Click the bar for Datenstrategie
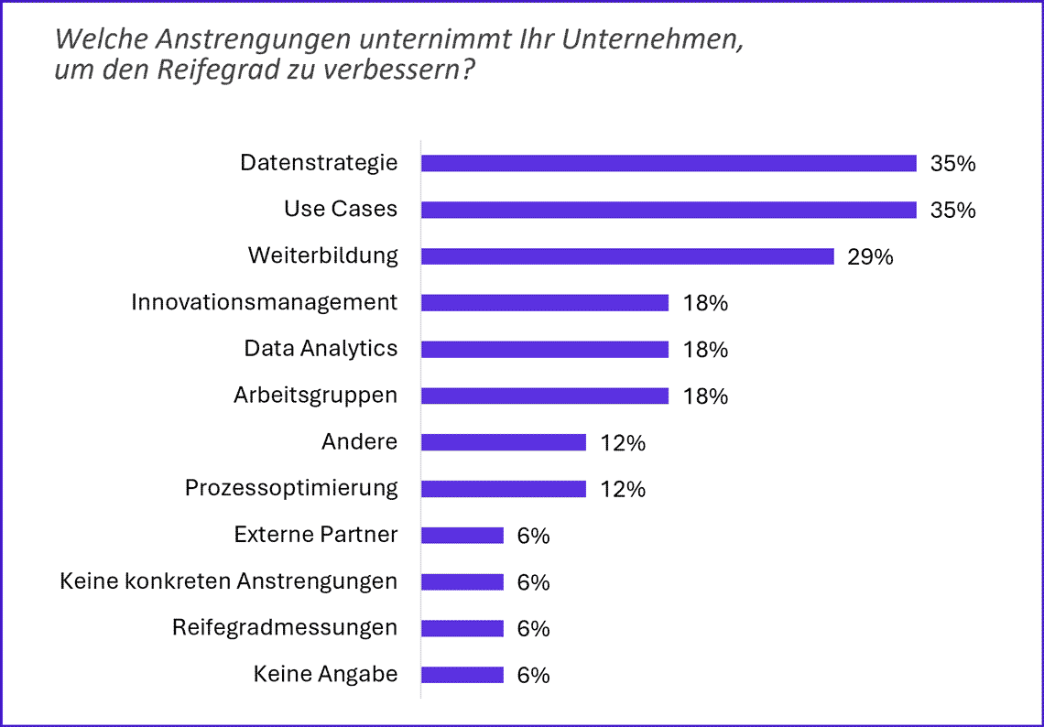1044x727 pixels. pos(669,163)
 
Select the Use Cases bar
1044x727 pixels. pos(669,210)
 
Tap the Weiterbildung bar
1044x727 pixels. pos(627,256)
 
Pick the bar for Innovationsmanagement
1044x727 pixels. pos(545,303)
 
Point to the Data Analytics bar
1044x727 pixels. pos(545,349)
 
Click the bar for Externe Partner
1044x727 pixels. pos(462,536)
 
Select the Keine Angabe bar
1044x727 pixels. pos(462,675)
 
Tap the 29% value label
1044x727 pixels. pos(870,257)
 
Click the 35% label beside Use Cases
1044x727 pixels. pos(952,211)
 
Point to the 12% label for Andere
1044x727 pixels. pos(623,443)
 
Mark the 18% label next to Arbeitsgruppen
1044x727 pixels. pos(705,396)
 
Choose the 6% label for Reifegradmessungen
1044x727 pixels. pos(533,629)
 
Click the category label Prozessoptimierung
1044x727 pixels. pos(291,488)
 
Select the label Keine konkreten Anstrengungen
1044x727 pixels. pos(228,581)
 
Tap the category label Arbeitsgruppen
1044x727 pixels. pos(315,396)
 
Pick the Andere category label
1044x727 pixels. pos(359,442)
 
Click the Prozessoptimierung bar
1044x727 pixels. pos(504,489)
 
